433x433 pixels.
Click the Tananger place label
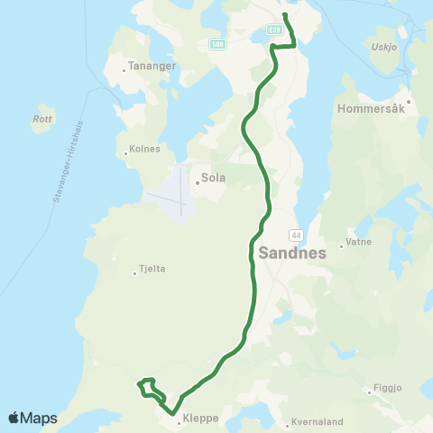click(146, 65)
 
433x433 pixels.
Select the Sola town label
click(213, 179)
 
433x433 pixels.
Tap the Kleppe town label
click(199, 419)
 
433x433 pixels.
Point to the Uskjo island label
click(383, 47)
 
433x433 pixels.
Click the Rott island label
click(41, 118)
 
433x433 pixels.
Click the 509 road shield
click(216, 43)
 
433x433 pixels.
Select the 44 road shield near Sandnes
click(296, 235)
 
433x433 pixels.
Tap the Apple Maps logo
click(32, 419)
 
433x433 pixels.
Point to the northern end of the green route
click(285, 15)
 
